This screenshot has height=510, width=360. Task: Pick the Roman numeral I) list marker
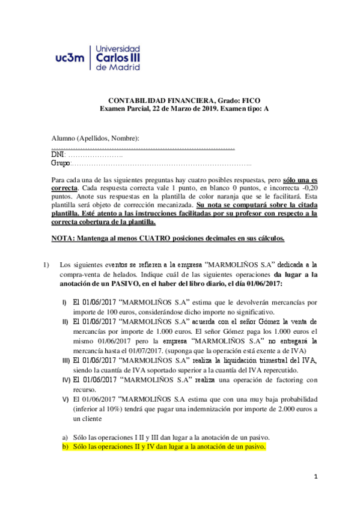click(x=65, y=301)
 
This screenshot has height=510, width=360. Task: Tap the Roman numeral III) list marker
click(x=66, y=360)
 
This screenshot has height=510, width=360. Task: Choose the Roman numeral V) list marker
click(x=66, y=399)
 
